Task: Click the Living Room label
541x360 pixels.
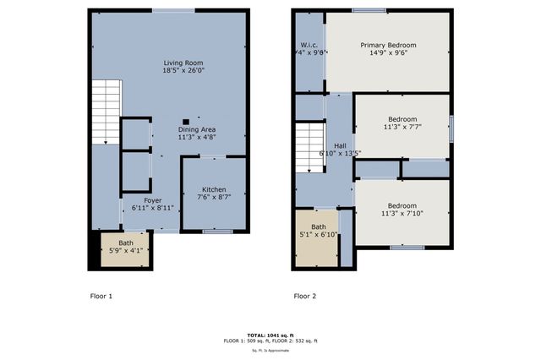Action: (x=184, y=63)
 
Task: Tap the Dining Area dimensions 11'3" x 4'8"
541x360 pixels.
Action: (x=196, y=137)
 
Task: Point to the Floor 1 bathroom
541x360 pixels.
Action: (x=125, y=248)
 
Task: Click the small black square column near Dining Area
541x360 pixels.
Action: (x=185, y=121)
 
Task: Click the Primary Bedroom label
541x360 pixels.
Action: (x=388, y=46)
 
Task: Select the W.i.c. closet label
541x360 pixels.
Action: (x=309, y=46)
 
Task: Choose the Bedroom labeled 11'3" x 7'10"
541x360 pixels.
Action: (x=402, y=205)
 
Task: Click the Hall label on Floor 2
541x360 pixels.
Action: (x=340, y=146)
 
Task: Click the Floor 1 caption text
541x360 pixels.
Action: (x=101, y=297)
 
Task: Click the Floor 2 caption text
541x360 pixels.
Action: (x=304, y=297)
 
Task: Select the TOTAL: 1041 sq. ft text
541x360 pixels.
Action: (x=270, y=335)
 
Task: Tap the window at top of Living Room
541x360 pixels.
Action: (x=172, y=9)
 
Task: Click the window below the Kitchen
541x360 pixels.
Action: (x=218, y=231)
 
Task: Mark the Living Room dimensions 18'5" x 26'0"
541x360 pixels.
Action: (x=184, y=71)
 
